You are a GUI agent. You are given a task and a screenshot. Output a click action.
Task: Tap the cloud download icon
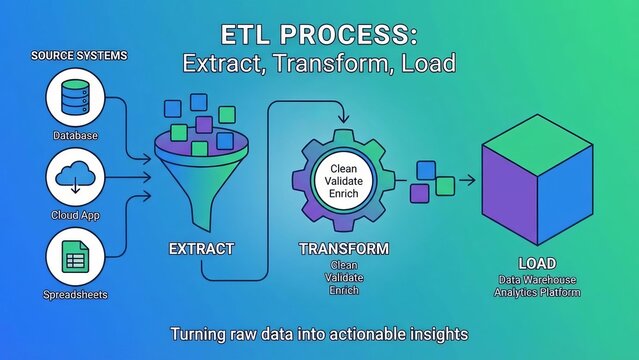(75, 180)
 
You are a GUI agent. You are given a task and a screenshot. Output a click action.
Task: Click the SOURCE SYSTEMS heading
(78, 55)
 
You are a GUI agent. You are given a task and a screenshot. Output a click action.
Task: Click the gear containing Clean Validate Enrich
(343, 180)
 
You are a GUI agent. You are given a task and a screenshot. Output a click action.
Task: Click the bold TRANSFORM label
(343, 248)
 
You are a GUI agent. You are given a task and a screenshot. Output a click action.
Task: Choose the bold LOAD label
(537, 263)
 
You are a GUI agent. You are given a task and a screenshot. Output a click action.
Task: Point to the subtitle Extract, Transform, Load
(319, 63)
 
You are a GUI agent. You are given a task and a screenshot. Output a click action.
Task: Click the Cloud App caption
(76, 215)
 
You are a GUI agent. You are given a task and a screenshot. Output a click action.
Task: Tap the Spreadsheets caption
(76, 295)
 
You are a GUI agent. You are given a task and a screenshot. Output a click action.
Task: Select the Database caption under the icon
(76, 134)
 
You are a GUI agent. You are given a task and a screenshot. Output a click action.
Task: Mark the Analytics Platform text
(537, 292)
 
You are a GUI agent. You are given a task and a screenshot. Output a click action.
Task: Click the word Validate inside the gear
(343, 179)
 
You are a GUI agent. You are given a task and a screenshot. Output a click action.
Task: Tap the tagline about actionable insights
(319, 332)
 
